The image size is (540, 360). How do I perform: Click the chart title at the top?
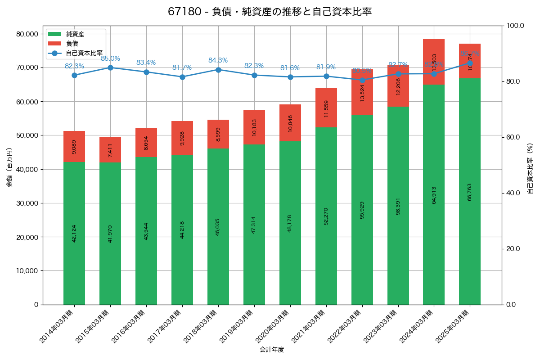coord(270,12)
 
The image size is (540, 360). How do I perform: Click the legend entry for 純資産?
coord(75,34)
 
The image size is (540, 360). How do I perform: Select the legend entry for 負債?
coord(72,44)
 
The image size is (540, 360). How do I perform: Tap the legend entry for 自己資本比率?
coord(84,53)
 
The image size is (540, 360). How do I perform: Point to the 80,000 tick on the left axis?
coord(27,34)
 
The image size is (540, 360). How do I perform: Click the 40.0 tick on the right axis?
coord(513,193)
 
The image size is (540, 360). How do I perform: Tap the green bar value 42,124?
coord(74,233)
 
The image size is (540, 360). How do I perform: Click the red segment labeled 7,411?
coord(110,150)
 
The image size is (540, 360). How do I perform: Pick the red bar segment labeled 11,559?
coord(326,108)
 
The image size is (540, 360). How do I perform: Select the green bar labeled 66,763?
coord(470,192)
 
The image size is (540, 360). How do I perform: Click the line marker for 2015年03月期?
coord(110,67)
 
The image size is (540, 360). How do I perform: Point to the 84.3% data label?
coord(218,60)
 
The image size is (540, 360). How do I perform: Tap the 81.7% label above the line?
coord(182,67)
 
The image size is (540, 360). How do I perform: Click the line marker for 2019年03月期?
coord(254,75)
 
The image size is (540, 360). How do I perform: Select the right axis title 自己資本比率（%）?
coord(530,168)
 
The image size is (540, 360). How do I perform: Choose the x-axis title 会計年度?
coord(272,350)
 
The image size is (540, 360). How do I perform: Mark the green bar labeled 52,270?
coord(326,216)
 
